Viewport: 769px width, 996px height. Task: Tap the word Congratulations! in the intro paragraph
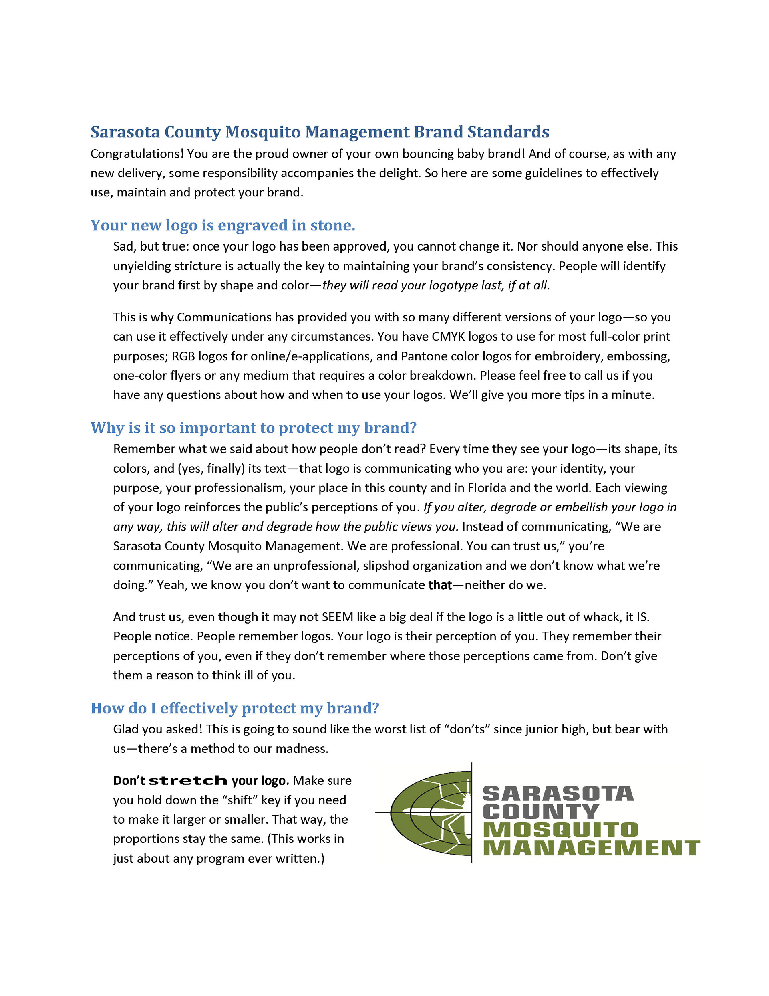point(137,154)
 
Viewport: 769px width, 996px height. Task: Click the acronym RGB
point(183,356)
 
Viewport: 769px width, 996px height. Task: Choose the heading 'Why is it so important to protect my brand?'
point(254,428)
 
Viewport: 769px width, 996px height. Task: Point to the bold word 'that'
point(440,585)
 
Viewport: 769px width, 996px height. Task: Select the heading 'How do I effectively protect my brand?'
point(235,708)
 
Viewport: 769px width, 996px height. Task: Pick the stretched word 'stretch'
point(188,781)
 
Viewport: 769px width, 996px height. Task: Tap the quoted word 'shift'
point(240,800)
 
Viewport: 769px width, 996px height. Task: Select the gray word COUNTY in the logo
point(541,812)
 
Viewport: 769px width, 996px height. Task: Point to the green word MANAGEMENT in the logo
point(591,848)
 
